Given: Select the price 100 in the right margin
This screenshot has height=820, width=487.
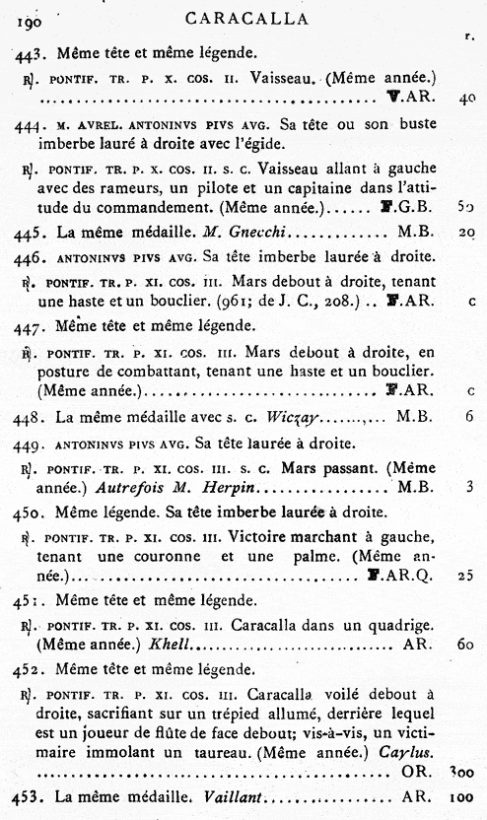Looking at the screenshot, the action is click(462, 796).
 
